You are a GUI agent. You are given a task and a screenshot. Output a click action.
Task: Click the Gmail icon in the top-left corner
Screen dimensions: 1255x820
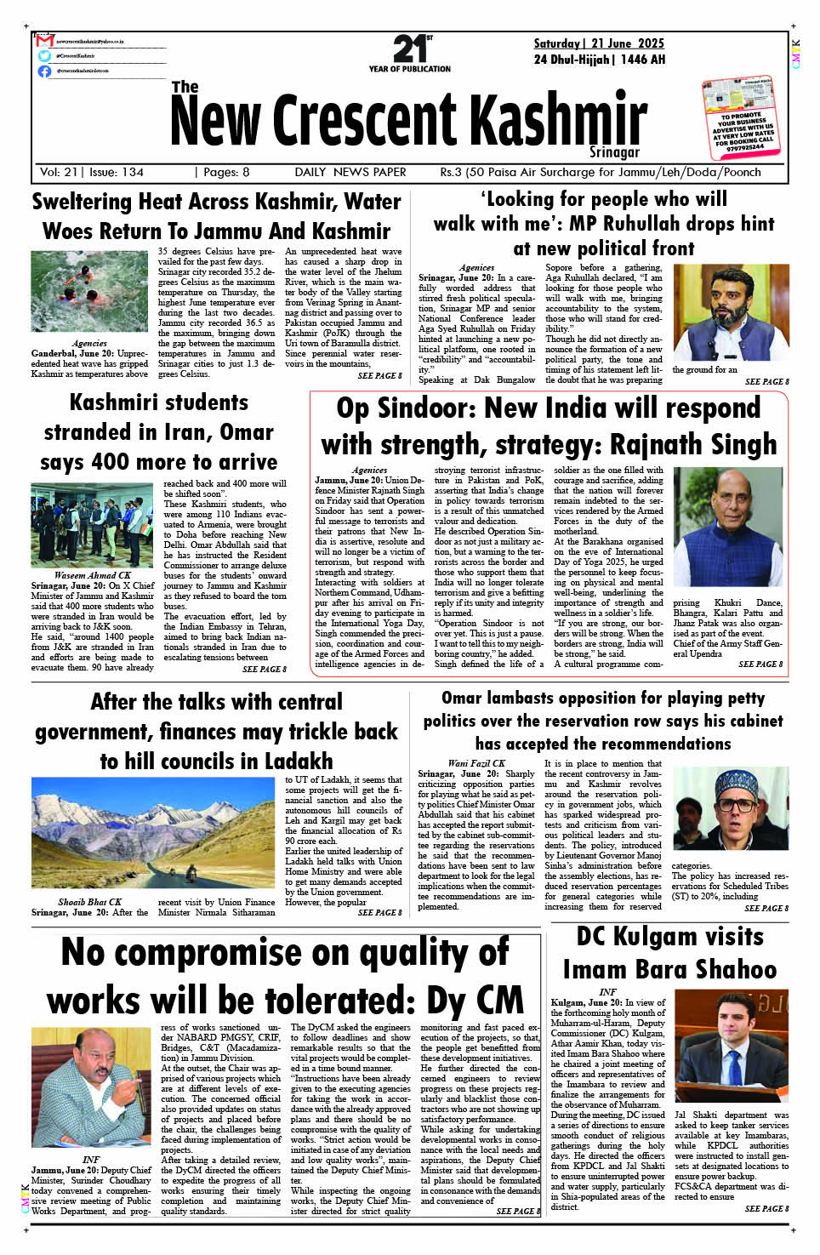[x=44, y=41]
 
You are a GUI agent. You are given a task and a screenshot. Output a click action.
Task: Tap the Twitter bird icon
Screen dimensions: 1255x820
[x=44, y=55]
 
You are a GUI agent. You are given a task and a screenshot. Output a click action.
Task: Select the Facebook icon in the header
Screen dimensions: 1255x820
[x=44, y=71]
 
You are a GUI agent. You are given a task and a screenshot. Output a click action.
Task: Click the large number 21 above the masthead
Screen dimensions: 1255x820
[x=410, y=49]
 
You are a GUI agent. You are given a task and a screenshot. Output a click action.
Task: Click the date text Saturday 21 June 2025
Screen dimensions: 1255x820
[x=599, y=43]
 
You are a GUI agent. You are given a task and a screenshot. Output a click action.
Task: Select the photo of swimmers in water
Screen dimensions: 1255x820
[x=89, y=291]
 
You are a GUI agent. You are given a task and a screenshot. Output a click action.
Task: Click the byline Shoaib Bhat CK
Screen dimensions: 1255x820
[x=90, y=902]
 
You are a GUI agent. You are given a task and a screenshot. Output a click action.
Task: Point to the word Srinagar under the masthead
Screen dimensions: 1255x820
[x=614, y=152]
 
